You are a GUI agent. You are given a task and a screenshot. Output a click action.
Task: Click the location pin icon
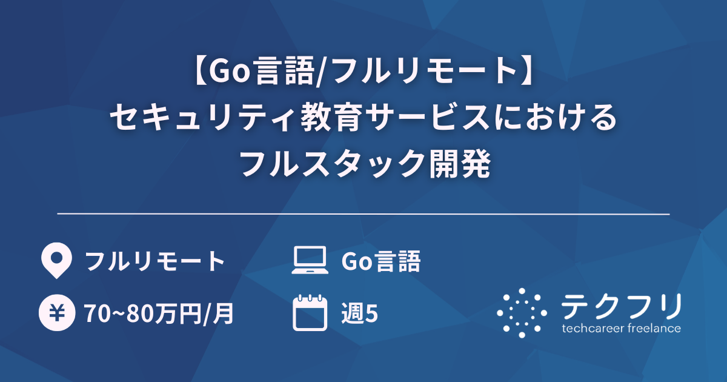(x=55, y=261)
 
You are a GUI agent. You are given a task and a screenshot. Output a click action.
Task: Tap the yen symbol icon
(x=55, y=313)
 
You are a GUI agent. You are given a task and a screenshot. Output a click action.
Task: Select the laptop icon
(x=309, y=261)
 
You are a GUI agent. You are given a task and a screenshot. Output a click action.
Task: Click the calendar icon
(x=309, y=313)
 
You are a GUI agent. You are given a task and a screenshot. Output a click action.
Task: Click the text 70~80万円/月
(x=159, y=313)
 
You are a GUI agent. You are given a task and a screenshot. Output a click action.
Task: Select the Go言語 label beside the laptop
(x=381, y=261)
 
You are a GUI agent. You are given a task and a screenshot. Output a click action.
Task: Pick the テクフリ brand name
(x=621, y=306)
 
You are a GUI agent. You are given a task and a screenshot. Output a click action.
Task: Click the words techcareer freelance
(x=621, y=329)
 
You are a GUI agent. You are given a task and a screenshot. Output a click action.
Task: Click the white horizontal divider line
(x=363, y=214)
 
